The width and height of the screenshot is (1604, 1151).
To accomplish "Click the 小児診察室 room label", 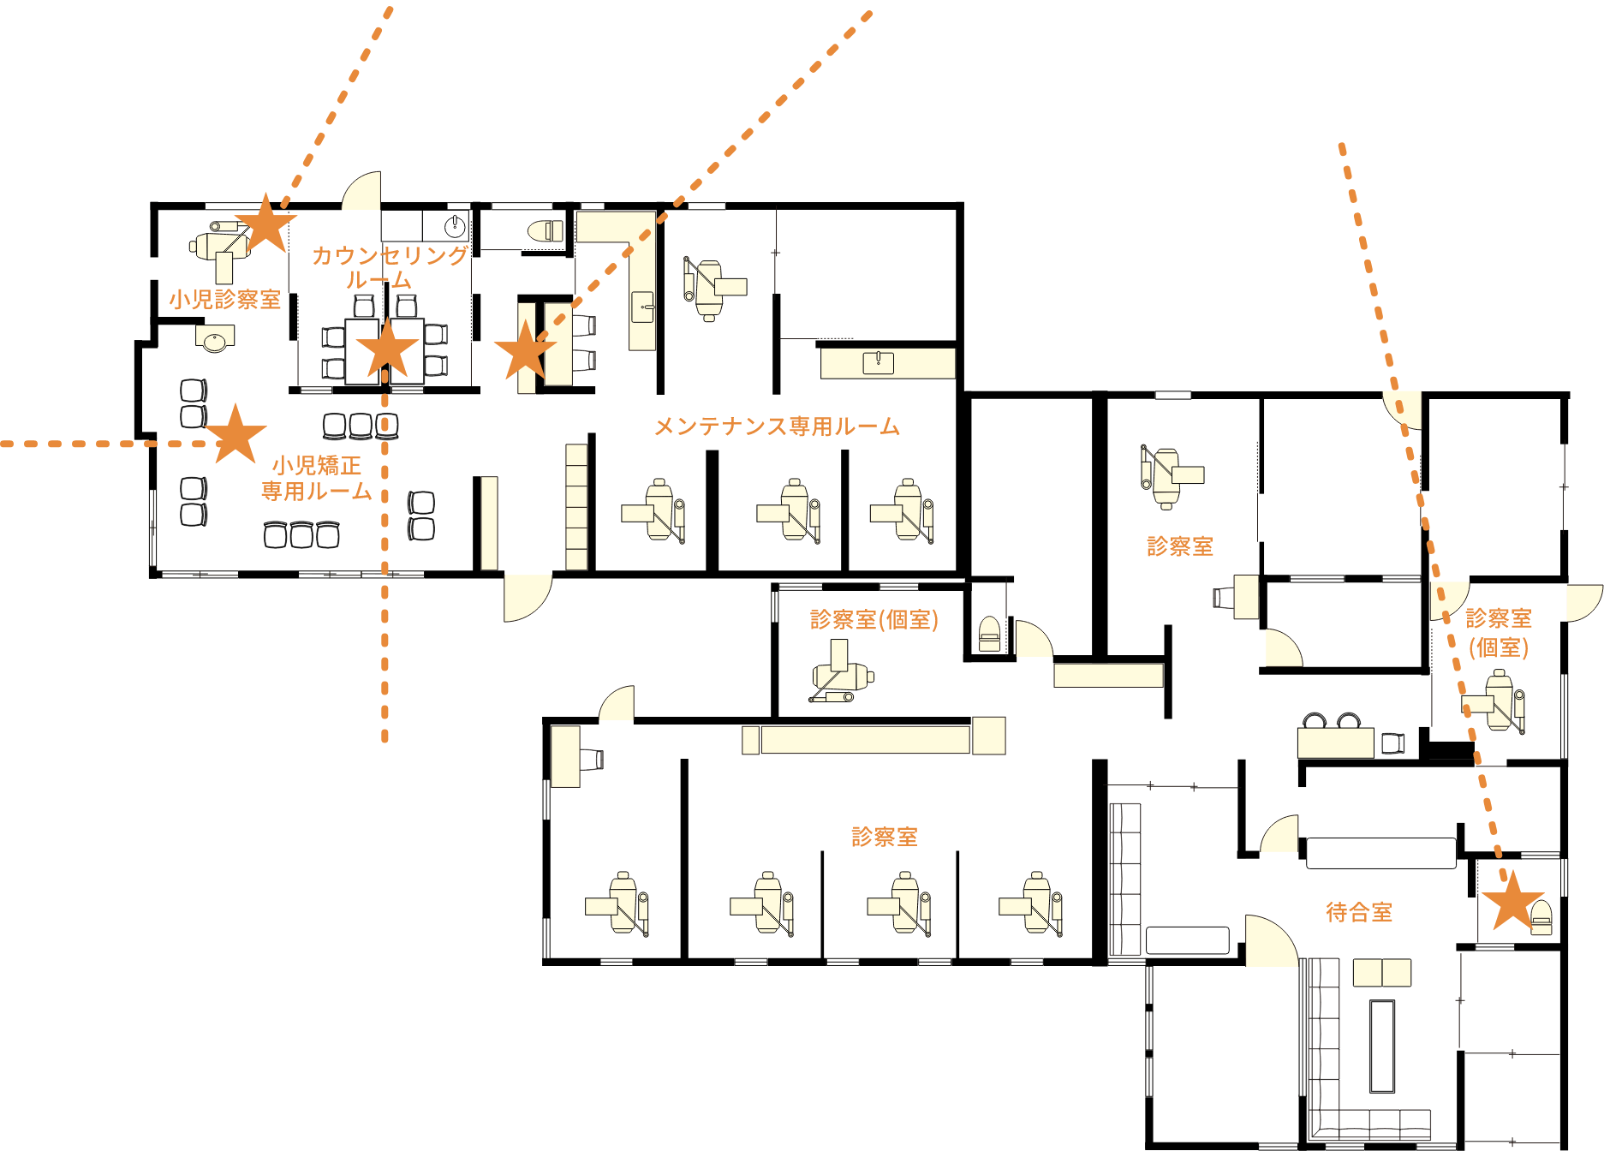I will coord(225,300).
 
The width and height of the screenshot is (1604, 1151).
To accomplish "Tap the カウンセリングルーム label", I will coord(389,267).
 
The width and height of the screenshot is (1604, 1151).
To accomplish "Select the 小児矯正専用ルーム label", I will coord(317,478).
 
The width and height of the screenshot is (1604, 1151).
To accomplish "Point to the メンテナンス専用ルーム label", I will coord(777,426).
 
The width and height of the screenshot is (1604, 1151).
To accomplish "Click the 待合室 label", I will coord(1359,912).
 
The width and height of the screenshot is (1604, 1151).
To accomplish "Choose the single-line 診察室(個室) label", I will coord(874,619).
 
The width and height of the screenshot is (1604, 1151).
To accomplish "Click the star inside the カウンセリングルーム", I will coord(387,349).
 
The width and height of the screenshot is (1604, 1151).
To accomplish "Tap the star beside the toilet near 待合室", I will coord(1512,901).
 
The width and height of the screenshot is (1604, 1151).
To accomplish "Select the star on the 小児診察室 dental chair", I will coord(266,224).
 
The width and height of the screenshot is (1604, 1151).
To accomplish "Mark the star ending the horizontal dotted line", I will coord(236,434).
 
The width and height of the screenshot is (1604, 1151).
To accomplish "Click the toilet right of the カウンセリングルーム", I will coord(545,231).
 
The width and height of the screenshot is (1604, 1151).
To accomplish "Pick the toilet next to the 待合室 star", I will coord(1541,917).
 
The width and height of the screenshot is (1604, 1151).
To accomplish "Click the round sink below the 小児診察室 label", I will coord(214,340).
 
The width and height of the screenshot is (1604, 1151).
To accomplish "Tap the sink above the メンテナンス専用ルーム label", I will coord(878,363).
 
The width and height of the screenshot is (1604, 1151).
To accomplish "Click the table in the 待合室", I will coord(1381,973).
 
